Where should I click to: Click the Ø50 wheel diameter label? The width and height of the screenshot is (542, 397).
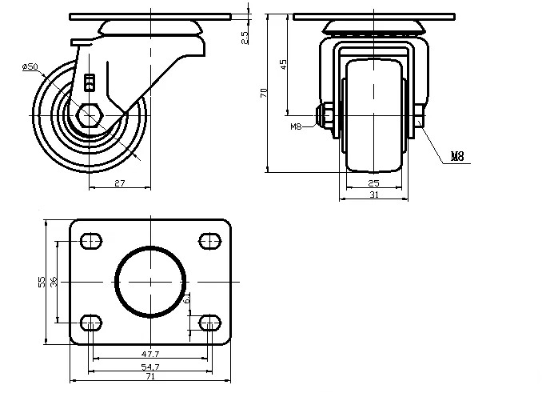tap(30, 66)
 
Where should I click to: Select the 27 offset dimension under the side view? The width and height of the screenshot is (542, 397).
tap(118, 184)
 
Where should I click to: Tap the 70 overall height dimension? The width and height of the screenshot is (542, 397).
tap(263, 94)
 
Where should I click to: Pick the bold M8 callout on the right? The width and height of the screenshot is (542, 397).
tap(457, 157)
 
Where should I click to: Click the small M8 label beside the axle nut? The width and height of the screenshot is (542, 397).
tap(296, 126)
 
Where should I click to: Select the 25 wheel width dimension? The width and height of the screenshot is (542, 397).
tap(373, 184)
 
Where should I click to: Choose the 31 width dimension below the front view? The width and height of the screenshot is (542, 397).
tap(373, 194)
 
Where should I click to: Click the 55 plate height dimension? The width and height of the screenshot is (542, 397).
tap(42, 281)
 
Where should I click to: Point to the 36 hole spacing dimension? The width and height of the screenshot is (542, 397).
tap(54, 281)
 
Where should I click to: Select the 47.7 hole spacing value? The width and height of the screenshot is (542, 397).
tap(150, 354)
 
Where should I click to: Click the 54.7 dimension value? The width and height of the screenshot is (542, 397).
tap(150, 366)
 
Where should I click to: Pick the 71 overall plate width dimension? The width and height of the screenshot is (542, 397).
tap(150, 376)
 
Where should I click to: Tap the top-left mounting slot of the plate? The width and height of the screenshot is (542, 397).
tap(91, 239)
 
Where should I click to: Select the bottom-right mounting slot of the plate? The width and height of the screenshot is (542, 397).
tap(209, 323)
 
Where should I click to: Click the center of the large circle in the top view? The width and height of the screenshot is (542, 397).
tap(150, 281)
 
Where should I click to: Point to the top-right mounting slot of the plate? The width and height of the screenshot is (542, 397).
tap(209, 239)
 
